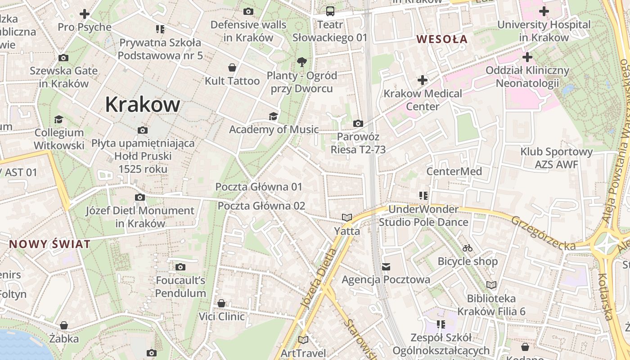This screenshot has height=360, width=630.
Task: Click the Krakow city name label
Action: point(143,104)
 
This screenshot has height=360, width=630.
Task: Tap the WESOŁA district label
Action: point(442,39)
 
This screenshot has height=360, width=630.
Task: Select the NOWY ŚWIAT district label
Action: point(50,244)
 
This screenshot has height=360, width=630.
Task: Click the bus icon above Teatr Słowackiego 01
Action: point(330,11)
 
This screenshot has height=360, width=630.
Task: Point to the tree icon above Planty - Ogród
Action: point(301,62)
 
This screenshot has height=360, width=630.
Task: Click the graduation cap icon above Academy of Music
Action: point(273,116)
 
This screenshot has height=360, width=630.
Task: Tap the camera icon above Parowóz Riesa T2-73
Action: point(358,123)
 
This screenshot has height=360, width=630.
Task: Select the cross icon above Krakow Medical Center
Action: point(422,80)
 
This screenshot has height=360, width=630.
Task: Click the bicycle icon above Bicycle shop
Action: point(468,248)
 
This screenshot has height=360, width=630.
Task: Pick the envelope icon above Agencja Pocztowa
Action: point(386,267)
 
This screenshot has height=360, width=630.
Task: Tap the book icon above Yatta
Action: point(346,218)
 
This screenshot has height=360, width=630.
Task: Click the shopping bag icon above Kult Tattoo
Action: point(232,67)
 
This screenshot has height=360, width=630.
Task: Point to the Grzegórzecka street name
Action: point(544,233)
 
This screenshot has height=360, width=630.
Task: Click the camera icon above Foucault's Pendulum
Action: point(180,267)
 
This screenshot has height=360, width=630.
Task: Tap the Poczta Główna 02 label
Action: point(261,206)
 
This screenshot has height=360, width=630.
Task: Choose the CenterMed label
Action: point(454,171)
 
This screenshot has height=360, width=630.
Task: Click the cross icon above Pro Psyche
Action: point(84,14)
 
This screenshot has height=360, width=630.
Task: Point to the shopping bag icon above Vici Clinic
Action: point(221,303)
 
